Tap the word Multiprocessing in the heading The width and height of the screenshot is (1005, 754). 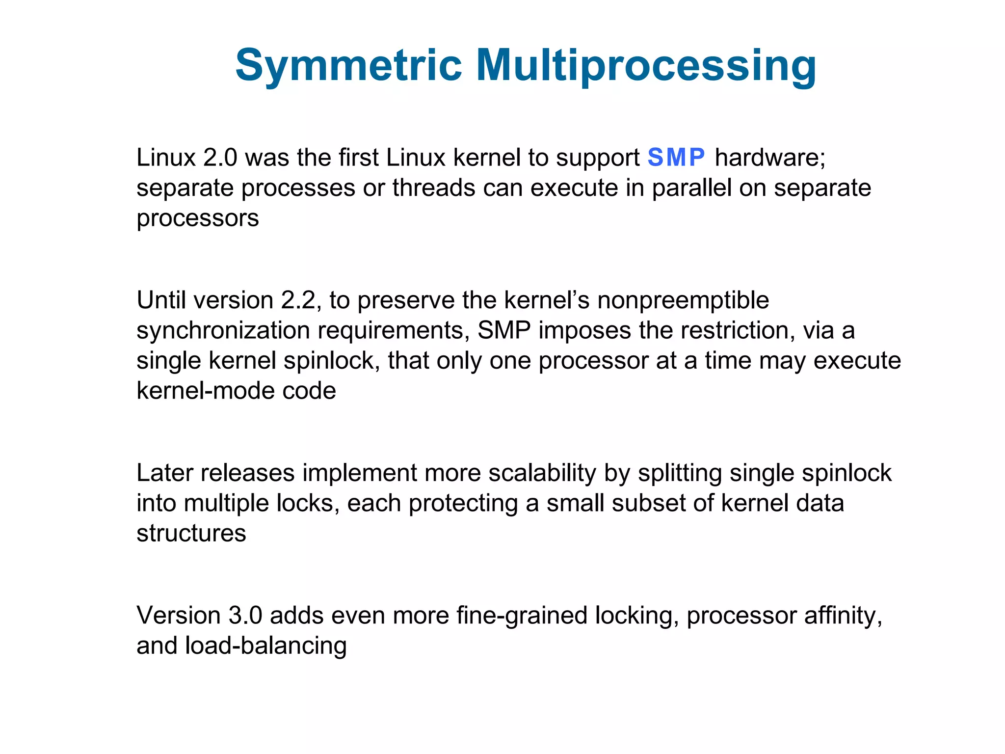pos(646,66)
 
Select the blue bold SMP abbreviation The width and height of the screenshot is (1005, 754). pos(676,158)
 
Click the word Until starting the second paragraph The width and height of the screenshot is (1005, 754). pos(162,300)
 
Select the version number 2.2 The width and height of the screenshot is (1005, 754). pos(298,300)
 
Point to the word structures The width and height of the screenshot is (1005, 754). pos(191,534)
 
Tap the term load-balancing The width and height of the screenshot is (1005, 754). pos(266,646)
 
